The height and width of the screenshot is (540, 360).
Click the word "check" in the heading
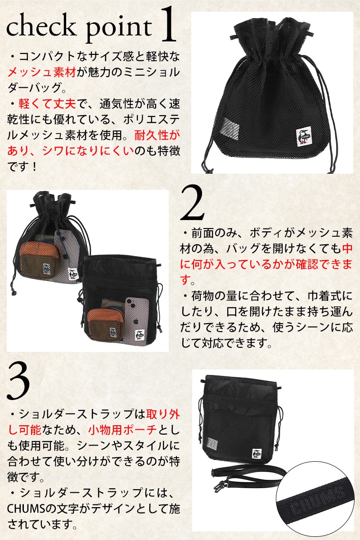[x=41, y=27]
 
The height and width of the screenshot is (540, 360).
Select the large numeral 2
[x=192, y=203]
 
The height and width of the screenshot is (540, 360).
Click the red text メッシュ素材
[x=42, y=72]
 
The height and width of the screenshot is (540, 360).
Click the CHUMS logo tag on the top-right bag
[x=303, y=137]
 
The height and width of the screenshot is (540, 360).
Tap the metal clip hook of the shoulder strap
[x=220, y=487]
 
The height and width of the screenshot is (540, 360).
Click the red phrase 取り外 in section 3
[x=163, y=414]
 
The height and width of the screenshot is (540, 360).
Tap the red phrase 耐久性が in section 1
[x=157, y=136]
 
